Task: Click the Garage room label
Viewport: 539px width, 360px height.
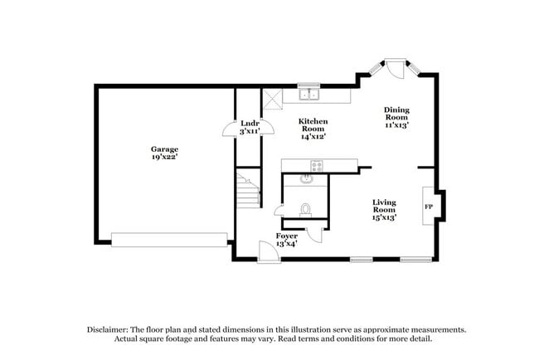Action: click(164, 148)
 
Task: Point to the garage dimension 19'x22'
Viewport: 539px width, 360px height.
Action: click(164, 157)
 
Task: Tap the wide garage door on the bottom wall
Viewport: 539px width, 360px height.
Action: click(169, 239)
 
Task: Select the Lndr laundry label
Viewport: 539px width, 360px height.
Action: click(250, 123)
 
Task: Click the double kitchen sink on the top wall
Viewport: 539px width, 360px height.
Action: click(310, 94)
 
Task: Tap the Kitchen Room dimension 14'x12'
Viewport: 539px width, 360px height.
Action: click(313, 137)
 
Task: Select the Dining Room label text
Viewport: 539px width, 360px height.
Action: click(396, 113)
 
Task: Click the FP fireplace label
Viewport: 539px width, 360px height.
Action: click(429, 206)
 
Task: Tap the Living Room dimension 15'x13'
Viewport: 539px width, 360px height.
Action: click(383, 217)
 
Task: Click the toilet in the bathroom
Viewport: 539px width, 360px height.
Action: click(305, 209)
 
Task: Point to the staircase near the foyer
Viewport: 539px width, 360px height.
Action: click(246, 192)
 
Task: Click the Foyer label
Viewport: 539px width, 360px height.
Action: click(287, 236)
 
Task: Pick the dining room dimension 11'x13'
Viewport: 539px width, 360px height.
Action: click(396, 125)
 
